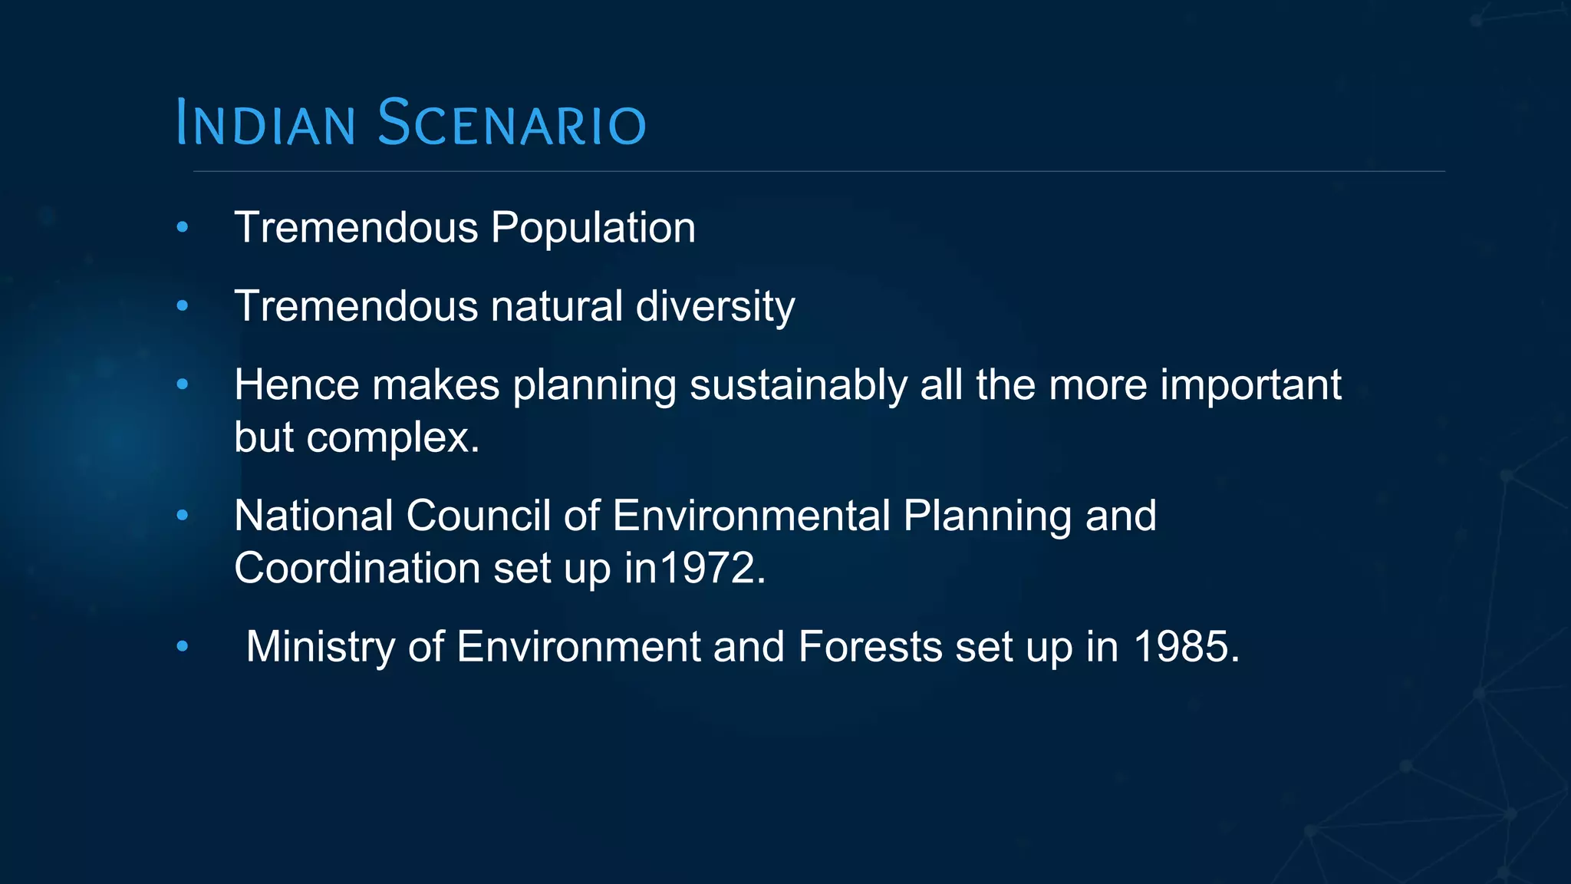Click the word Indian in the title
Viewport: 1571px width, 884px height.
[x=265, y=123]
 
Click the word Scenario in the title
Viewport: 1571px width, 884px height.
[x=512, y=123]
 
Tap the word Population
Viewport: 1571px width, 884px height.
[x=593, y=228]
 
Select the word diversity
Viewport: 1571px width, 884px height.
[x=715, y=306]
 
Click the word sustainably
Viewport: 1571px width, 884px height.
[x=798, y=385]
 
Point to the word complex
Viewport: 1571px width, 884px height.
[x=393, y=438]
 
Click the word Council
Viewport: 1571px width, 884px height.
[x=478, y=516]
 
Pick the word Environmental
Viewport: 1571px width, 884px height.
[x=751, y=516]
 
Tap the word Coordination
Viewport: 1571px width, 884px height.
[x=357, y=569]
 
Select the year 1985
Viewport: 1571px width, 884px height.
[x=1185, y=647]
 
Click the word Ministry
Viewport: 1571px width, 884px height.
[x=320, y=647]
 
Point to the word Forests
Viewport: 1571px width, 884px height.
[x=870, y=647]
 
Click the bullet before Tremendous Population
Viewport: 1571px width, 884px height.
[x=182, y=227]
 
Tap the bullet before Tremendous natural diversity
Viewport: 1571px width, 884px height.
[x=182, y=306]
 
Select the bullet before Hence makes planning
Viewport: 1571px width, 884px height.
[x=182, y=384]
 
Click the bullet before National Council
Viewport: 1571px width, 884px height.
[x=182, y=516]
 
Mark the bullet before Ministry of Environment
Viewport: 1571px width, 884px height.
[x=182, y=647]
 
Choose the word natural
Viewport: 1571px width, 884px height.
[x=556, y=306]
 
